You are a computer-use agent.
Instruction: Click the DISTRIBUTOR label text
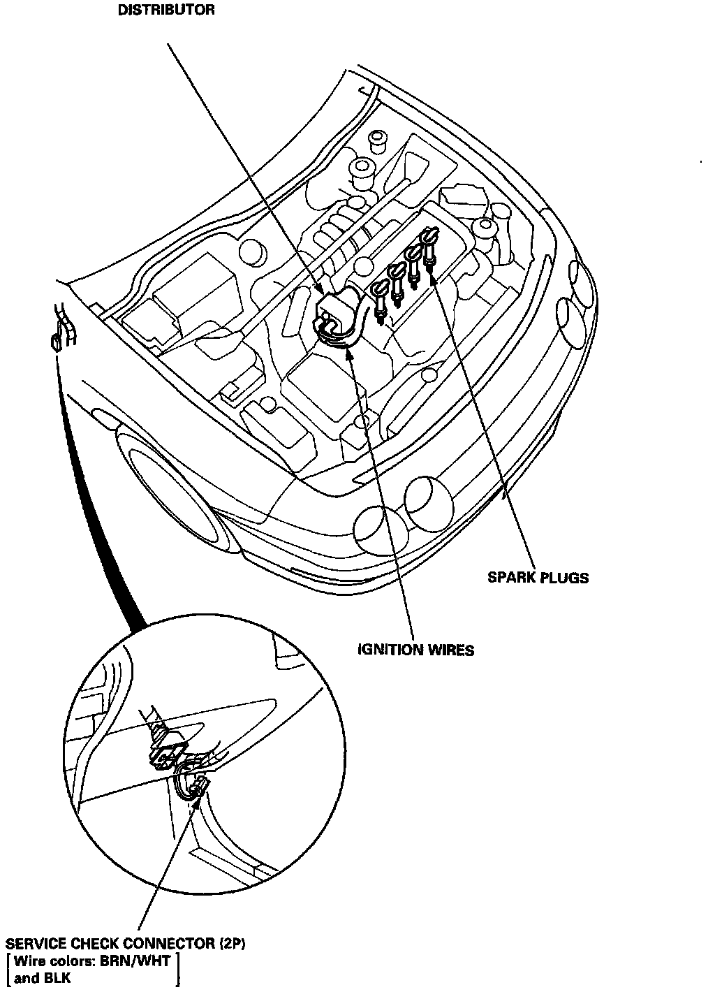[x=165, y=10]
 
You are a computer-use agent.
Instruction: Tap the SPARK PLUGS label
[x=538, y=578]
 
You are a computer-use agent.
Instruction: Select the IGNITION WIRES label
[x=415, y=650]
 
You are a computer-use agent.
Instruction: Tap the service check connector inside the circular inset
[x=194, y=787]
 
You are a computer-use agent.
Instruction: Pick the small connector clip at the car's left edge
[x=54, y=342]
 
